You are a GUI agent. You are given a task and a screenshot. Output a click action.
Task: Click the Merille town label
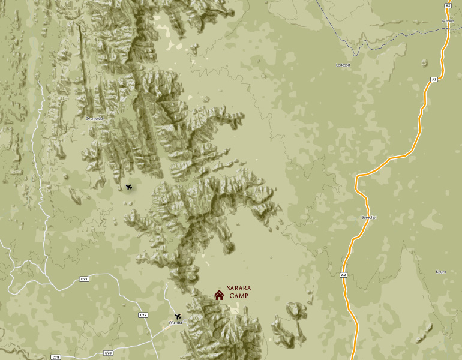(448, 21)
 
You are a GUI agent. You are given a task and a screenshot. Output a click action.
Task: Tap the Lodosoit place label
(343, 64)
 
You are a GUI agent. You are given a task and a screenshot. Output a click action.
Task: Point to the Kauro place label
(440, 272)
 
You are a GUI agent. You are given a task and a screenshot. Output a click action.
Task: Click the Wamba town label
(175, 323)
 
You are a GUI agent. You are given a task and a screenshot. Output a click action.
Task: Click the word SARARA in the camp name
(239, 289)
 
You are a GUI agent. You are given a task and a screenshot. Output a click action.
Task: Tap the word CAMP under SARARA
(239, 296)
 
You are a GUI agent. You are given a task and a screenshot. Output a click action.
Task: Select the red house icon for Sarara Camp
(219, 295)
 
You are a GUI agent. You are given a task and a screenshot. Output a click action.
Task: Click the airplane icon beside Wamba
(178, 316)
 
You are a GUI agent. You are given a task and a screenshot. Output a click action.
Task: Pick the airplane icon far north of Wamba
(129, 187)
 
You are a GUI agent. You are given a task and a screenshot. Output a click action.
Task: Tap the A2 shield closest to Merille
(448, 5)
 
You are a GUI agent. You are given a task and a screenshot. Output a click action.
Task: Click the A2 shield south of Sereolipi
(343, 275)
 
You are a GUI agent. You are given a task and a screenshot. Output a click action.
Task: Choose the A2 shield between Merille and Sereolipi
(434, 79)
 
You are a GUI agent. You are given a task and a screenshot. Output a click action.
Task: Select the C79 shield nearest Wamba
(143, 315)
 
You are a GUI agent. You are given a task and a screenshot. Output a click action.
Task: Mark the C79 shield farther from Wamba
(84, 279)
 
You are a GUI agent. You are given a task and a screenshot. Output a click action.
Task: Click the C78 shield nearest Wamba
(108, 353)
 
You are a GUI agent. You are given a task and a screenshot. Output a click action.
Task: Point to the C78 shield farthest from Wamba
(56, 357)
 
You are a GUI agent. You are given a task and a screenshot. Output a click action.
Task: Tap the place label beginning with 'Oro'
(95, 118)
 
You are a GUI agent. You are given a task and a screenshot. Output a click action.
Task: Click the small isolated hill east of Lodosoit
(424, 62)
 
